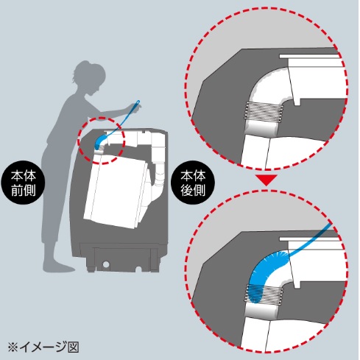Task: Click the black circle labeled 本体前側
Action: click(23, 183)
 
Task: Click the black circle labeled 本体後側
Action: click(193, 183)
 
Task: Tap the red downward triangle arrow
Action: click(266, 180)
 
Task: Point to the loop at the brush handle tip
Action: click(138, 102)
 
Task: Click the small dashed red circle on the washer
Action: click(101, 141)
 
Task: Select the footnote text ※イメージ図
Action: click(43, 347)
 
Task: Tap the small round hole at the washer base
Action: click(106, 264)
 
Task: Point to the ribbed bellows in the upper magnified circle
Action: click(264, 111)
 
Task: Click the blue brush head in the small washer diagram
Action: click(101, 141)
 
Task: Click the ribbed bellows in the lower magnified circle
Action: click(264, 293)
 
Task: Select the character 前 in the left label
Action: click(17, 191)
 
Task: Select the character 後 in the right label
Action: click(186, 191)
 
